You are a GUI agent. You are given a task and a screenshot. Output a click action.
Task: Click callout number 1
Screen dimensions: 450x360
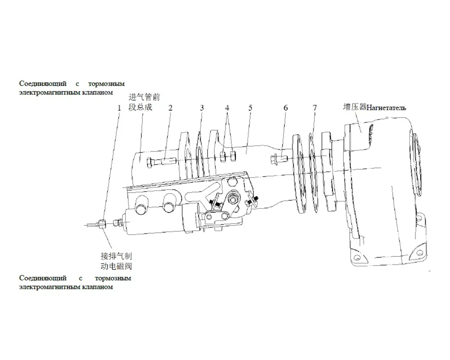(119, 108)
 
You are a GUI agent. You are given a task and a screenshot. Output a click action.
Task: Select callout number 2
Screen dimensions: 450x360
(171, 108)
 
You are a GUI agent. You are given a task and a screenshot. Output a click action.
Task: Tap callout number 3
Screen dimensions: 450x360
(202, 108)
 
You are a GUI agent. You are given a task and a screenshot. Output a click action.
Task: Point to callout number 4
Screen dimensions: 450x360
(227, 108)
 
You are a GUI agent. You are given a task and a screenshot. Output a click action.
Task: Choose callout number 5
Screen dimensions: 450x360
(250, 108)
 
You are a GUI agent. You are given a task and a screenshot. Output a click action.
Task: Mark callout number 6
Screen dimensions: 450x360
(286, 108)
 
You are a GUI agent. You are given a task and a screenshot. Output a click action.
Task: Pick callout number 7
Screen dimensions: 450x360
(315, 108)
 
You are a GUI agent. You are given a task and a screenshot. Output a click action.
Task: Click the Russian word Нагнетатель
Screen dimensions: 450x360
(386, 108)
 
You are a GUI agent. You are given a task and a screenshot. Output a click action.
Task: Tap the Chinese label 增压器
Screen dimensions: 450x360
(355, 107)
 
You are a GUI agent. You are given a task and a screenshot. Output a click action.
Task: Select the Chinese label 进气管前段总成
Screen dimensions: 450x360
(144, 102)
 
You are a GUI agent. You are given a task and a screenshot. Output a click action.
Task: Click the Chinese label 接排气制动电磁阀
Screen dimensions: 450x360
(116, 261)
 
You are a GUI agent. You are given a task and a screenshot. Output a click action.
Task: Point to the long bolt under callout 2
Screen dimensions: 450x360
(161, 162)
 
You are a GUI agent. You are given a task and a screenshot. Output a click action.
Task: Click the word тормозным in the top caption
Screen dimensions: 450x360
(107, 84)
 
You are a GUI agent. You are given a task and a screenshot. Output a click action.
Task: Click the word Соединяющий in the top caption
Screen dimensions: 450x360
(43, 84)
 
